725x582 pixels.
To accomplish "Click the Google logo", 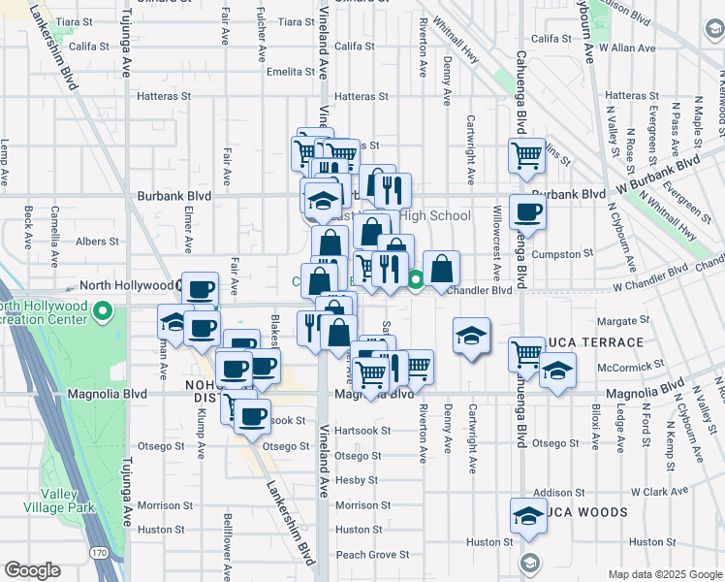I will point(32,570).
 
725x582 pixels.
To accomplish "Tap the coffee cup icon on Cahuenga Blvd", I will point(527,210).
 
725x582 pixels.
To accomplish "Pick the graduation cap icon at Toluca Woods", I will point(527,515).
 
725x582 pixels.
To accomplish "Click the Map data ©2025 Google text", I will point(664,574).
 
